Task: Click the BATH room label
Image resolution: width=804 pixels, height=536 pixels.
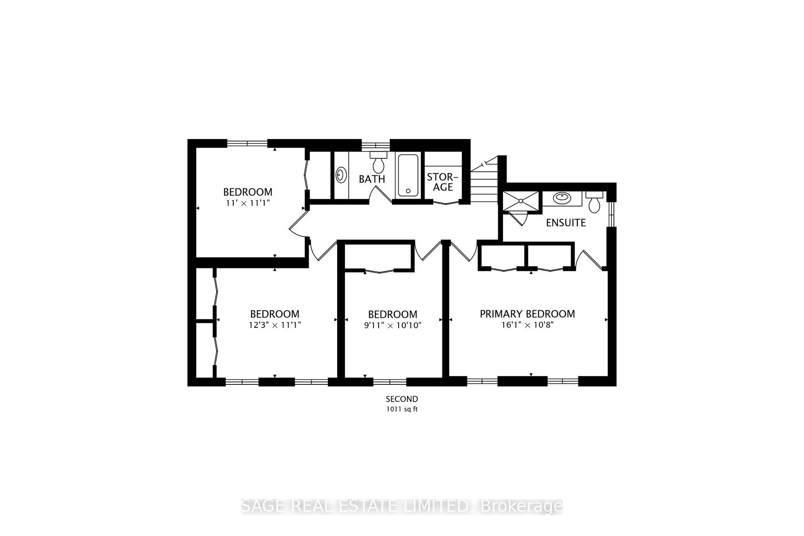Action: [x=372, y=179]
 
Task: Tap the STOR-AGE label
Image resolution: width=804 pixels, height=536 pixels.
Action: [x=443, y=182]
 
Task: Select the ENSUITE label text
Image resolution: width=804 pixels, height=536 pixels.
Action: [x=566, y=223]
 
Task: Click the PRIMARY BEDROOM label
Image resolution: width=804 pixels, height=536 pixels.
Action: [x=527, y=314]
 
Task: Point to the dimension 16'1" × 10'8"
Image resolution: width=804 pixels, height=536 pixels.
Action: [x=527, y=325]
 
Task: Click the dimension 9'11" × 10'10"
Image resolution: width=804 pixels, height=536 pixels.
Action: [x=392, y=325]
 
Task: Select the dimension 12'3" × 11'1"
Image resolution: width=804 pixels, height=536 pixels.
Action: [x=275, y=325]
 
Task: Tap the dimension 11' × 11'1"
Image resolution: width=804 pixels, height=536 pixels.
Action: [x=247, y=203]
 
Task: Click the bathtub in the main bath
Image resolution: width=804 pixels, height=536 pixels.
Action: [x=408, y=175]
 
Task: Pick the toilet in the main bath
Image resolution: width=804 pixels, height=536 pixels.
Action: [x=379, y=162]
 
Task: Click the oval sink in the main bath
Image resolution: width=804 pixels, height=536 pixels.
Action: [x=341, y=175]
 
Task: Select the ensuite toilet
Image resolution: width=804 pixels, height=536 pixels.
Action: [x=594, y=202]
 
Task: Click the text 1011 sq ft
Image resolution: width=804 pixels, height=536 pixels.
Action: [x=402, y=410]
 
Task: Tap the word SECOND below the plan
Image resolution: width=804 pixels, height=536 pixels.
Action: [x=402, y=399]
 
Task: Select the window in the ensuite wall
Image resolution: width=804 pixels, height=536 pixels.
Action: [x=612, y=214]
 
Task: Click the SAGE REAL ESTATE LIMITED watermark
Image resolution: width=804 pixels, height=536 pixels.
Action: [x=402, y=506]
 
